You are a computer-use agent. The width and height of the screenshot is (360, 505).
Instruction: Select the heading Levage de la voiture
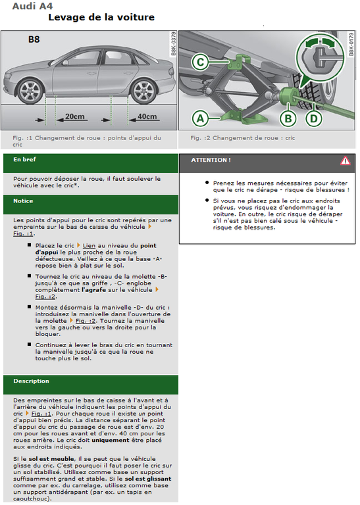point(101,17)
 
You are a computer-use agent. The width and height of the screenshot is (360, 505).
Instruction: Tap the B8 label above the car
point(34,39)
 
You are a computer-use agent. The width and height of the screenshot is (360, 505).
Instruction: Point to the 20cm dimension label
point(75,116)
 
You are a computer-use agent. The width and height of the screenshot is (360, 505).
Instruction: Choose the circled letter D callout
point(314,119)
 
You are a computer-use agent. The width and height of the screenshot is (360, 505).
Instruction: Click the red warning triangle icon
point(346,160)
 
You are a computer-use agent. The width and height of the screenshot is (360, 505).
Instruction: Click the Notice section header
point(24,201)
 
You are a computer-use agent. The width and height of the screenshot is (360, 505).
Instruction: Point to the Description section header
point(31,381)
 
